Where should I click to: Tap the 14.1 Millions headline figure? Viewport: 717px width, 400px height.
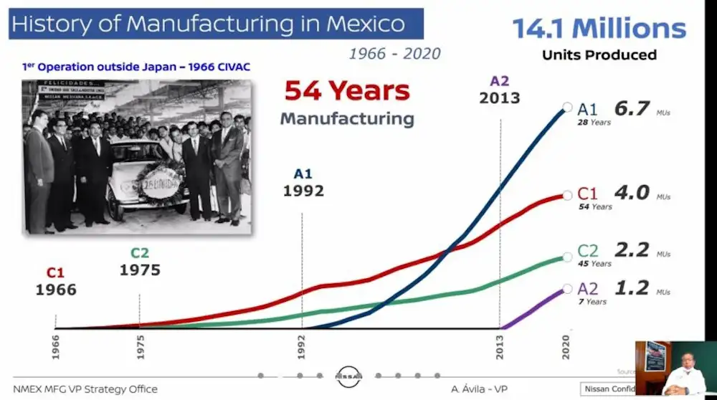coord(599,29)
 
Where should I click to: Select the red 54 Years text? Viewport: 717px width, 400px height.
coord(347,91)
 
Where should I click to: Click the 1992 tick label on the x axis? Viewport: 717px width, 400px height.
coord(303,348)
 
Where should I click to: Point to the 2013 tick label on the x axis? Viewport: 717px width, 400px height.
coord(500,348)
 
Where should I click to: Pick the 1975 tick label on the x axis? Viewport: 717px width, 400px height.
coord(140,348)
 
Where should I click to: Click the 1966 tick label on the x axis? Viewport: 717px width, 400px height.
coord(56,348)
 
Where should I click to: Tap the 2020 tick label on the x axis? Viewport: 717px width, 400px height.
coord(566,348)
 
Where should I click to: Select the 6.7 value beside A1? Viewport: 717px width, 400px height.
coord(632,109)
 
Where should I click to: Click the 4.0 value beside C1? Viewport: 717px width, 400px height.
coord(632,193)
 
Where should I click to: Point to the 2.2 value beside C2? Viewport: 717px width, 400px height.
coord(632,250)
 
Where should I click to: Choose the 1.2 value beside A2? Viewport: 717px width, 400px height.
coord(632,288)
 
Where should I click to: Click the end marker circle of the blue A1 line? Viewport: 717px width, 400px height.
coord(567,108)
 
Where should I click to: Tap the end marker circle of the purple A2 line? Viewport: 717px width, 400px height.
coord(567,289)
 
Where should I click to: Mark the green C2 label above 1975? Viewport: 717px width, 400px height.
coord(141,253)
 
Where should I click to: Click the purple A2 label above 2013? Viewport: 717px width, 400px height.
coord(500,81)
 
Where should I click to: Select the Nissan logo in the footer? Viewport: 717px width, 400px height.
coord(349,376)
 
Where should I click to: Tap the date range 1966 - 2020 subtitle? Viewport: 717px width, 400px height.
coord(395,54)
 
